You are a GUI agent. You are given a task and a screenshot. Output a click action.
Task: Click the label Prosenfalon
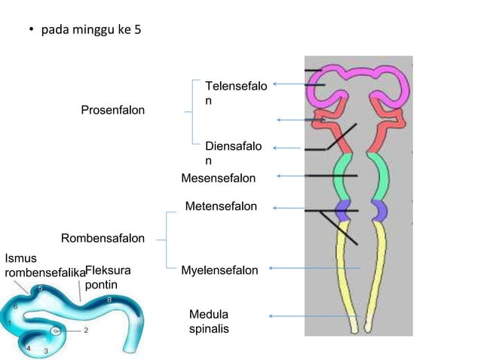click(113, 111)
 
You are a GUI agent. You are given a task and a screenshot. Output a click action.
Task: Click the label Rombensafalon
click(103, 239)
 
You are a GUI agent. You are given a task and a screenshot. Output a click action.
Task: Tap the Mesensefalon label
click(219, 178)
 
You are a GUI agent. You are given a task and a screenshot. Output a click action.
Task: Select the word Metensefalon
click(221, 206)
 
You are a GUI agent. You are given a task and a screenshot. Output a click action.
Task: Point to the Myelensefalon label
click(219, 270)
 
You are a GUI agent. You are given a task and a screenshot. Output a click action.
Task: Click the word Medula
click(209, 314)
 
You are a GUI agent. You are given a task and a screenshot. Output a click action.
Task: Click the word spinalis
click(209, 329)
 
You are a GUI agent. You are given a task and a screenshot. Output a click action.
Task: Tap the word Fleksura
click(108, 270)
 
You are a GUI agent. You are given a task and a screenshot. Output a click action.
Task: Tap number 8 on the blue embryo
click(110, 300)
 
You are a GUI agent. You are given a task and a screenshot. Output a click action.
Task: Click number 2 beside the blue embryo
click(85, 329)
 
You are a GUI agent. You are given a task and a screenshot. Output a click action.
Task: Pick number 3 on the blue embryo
click(45, 351)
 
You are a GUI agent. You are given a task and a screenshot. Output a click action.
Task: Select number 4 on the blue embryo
click(28, 348)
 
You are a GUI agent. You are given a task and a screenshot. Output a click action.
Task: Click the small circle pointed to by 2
click(55, 330)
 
